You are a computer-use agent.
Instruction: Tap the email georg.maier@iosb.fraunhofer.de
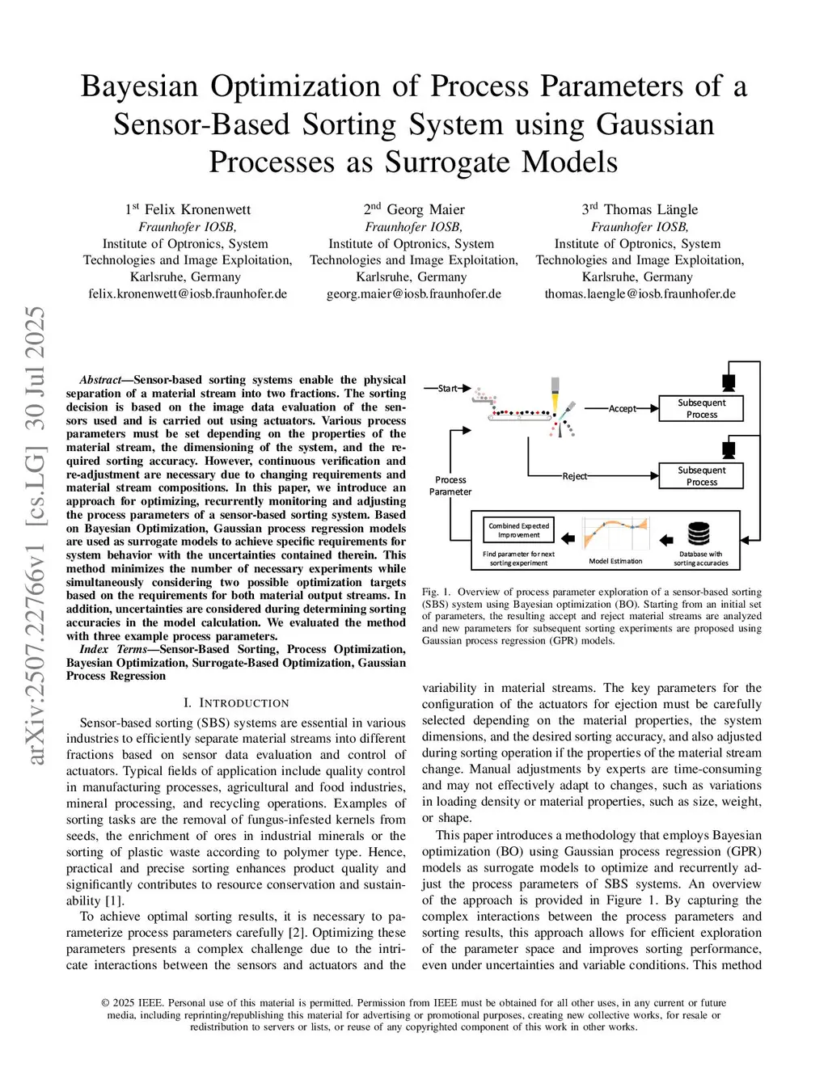414,293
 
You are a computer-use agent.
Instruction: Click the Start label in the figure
447,388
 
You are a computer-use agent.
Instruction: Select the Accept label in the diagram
622,408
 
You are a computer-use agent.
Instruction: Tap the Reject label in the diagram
575,476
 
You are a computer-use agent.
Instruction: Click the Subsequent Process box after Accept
701,408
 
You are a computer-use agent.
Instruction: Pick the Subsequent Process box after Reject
701,476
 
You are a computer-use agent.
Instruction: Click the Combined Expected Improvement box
518,530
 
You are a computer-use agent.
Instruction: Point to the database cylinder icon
699,534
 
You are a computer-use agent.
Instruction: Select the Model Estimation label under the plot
615,561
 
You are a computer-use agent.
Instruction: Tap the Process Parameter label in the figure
450,485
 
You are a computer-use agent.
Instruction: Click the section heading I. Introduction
236,703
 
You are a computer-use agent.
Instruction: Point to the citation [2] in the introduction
297,933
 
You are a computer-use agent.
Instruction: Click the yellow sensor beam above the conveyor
555,401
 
